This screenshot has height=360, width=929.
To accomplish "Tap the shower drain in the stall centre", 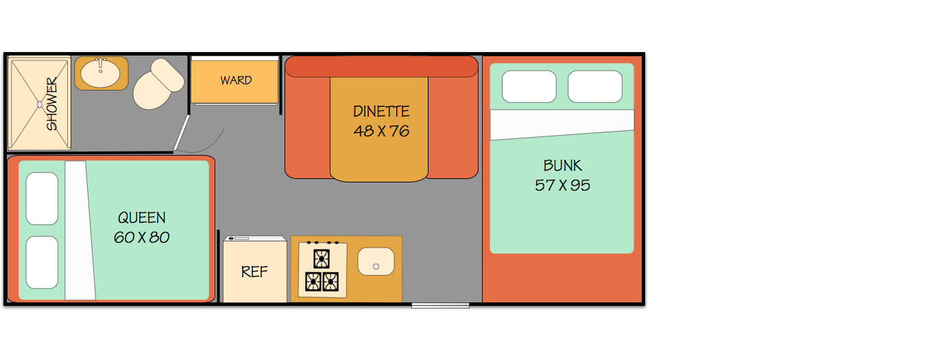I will pyautogui.click(x=39, y=104).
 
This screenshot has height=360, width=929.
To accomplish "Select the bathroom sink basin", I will pyautogui.click(x=101, y=73).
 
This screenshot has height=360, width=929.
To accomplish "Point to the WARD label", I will pyautogui.click(x=236, y=80).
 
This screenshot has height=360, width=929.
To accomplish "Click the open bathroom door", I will pyautogui.click(x=181, y=132).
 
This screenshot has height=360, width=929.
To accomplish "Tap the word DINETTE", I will pyautogui.click(x=381, y=111).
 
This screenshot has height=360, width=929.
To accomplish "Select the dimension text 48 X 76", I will pyautogui.click(x=381, y=131).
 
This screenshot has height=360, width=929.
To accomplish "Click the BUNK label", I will pyautogui.click(x=562, y=165).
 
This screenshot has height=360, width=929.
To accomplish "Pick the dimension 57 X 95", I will pyautogui.click(x=562, y=185).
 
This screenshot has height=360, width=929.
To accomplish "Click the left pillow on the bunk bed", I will pyautogui.click(x=529, y=87).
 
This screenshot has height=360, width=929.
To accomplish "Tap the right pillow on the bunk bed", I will pyautogui.click(x=595, y=87).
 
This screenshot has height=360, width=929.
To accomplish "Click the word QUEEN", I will pyautogui.click(x=142, y=218).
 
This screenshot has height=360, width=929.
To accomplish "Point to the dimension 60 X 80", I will pyautogui.click(x=142, y=238).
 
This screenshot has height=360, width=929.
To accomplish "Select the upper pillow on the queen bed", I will pyautogui.click(x=42, y=198).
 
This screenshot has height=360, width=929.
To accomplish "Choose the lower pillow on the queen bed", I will pyautogui.click(x=42, y=263).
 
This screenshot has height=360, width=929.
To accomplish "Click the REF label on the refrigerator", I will pyautogui.click(x=254, y=272).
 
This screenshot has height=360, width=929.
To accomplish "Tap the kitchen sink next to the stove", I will pyautogui.click(x=376, y=262).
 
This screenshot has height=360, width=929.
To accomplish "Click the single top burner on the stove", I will pyautogui.click(x=322, y=259).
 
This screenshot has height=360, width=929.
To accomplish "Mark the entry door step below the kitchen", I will pyautogui.click(x=440, y=305).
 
